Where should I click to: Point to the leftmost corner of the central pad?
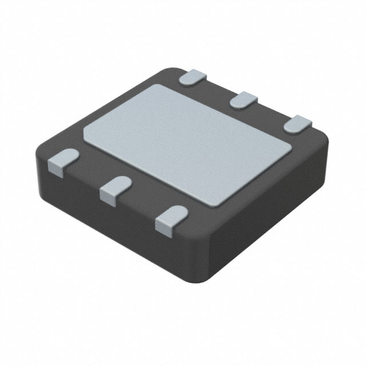(84, 131)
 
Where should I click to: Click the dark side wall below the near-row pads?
(114, 223)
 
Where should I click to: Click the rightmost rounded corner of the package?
(329, 143)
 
